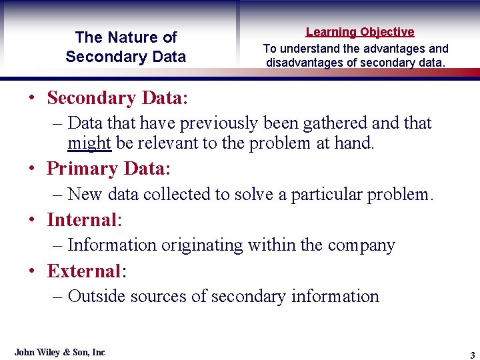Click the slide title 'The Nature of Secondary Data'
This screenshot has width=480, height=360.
point(126,47)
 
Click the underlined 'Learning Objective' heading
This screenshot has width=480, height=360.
point(360,32)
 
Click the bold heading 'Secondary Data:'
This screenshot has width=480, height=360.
point(117,98)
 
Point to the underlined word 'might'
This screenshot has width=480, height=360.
point(89,143)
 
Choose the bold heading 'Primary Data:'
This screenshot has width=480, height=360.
point(109,169)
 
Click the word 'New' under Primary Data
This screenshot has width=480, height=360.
point(84,195)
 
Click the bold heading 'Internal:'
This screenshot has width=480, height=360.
point(83,219)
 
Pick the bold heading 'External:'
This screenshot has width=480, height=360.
point(87,271)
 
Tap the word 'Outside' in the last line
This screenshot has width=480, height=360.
point(98,297)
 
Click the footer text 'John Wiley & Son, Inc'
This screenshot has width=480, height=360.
point(60,352)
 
